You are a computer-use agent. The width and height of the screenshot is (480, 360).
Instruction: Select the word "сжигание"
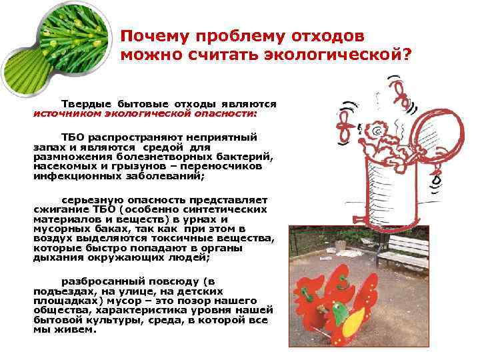point(57,209)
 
